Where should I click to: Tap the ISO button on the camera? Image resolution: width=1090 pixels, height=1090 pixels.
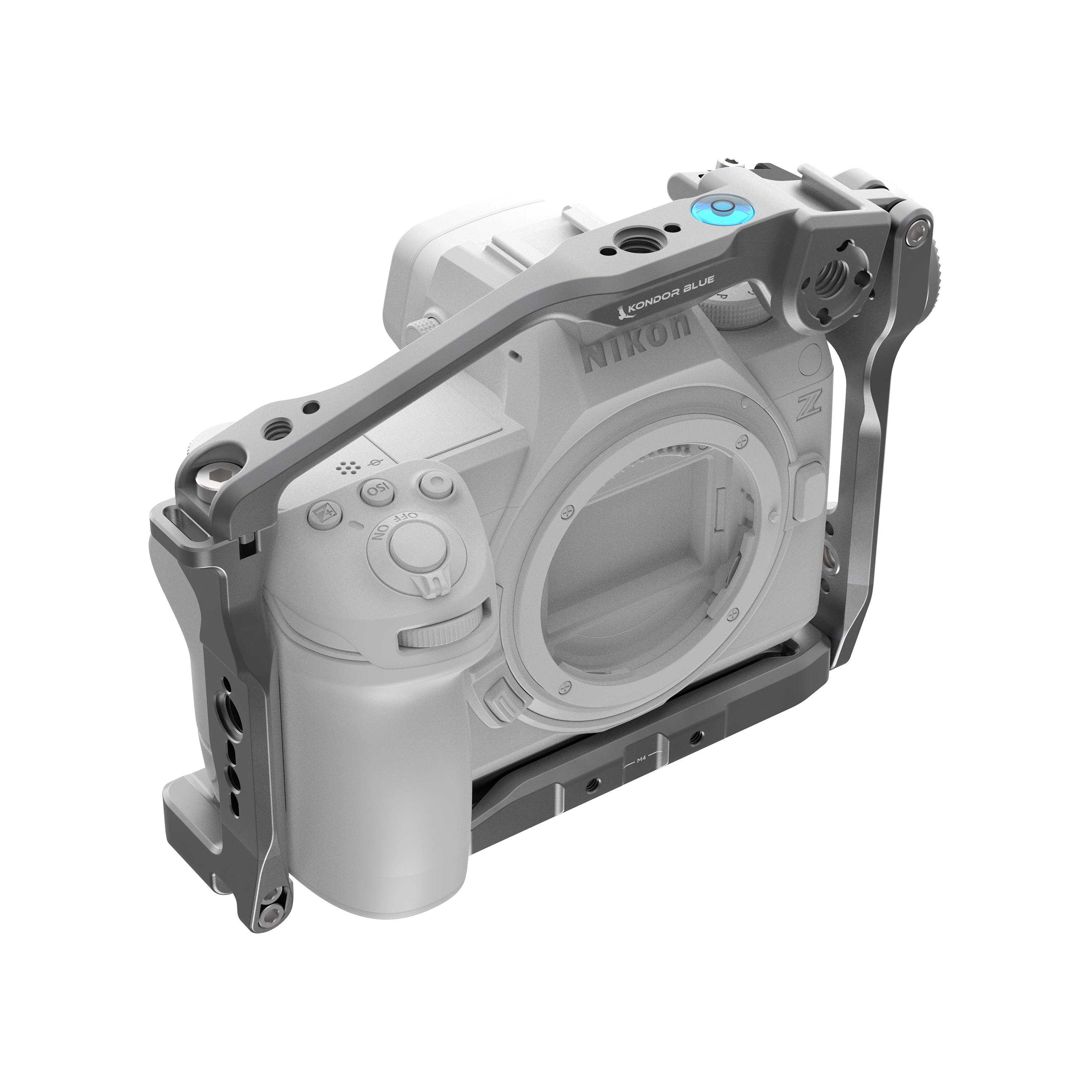click(373, 490)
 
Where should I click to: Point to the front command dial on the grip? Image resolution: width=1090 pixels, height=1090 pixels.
click(440, 630)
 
